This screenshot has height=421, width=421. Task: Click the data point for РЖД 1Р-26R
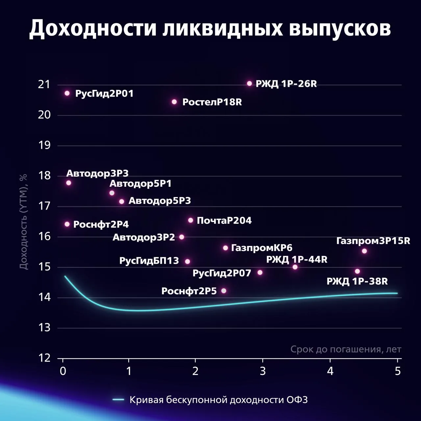[x=249, y=84]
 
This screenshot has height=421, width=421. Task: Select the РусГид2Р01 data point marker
[x=67, y=93]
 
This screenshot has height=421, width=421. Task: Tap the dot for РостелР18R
[x=174, y=102]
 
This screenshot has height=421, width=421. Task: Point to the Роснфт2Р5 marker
[x=224, y=291]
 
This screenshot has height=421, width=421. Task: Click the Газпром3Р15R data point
[x=364, y=251]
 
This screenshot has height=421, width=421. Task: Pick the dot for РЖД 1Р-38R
[x=358, y=271]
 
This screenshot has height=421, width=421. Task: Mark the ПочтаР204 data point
[x=190, y=220]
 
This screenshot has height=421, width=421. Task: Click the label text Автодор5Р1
[x=140, y=184]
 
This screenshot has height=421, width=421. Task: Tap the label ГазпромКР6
[x=262, y=248]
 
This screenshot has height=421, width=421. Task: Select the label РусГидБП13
[x=149, y=261]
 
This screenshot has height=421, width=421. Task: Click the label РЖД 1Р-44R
[x=297, y=260]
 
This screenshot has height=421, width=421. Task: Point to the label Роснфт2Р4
[x=101, y=224]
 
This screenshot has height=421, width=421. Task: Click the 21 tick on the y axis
[x=44, y=85]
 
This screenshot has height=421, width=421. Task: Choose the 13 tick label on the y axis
[x=44, y=328]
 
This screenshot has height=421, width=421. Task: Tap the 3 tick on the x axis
[x=262, y=371]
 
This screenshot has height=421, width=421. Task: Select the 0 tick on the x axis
[x=63, y=371]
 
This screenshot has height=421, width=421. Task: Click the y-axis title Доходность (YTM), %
[x=23, y=222]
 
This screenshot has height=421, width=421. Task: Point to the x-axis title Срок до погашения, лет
[x=346, y=349]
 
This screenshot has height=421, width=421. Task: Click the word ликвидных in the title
[x=223, y=28]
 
